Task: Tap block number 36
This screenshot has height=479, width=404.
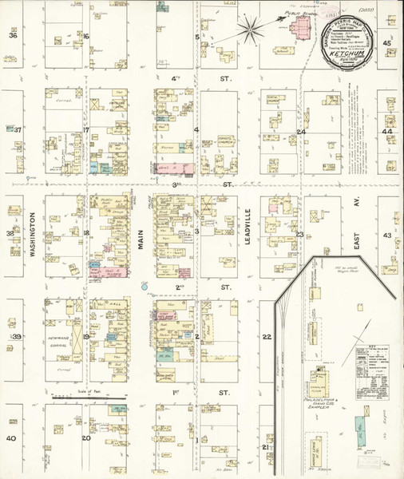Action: tap(12, 36)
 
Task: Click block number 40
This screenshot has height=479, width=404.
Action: tap(11, 438)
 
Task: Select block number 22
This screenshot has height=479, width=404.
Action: tap(267, 337)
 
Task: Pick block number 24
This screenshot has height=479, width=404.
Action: tap(301, 132)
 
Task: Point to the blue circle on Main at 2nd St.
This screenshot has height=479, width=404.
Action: tap(145, 285)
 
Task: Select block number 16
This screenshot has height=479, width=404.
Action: tap(85, 36)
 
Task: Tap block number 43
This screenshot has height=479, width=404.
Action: tap(387, 236)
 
